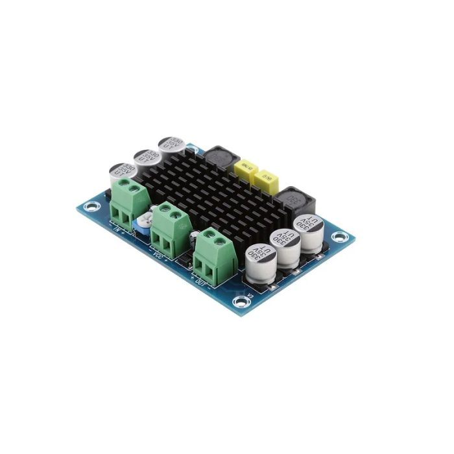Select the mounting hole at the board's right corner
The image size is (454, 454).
(x=340, y=237)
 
